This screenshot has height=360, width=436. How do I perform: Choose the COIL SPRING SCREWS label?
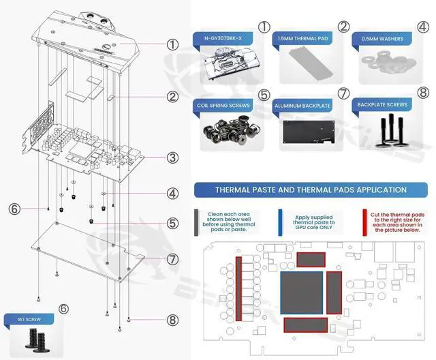(222, 106)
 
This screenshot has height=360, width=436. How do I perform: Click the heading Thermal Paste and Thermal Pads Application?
(311, 190)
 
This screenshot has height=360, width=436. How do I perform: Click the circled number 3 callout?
(172, 157)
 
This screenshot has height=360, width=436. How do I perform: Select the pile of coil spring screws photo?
(224, 134)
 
